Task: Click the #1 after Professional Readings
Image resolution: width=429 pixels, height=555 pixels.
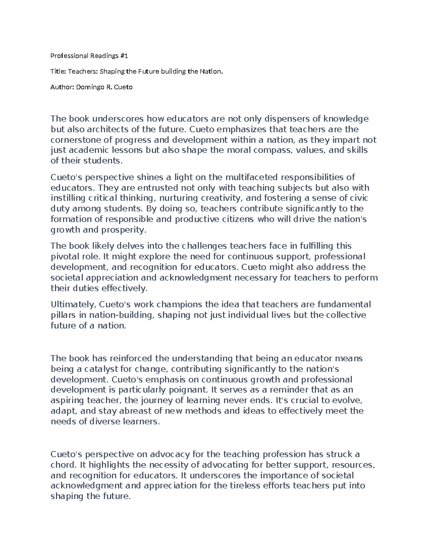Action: pyautogui.click(x=124, y=56)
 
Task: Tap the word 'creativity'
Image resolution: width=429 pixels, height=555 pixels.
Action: pyautogui.click(x=221, y=198)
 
